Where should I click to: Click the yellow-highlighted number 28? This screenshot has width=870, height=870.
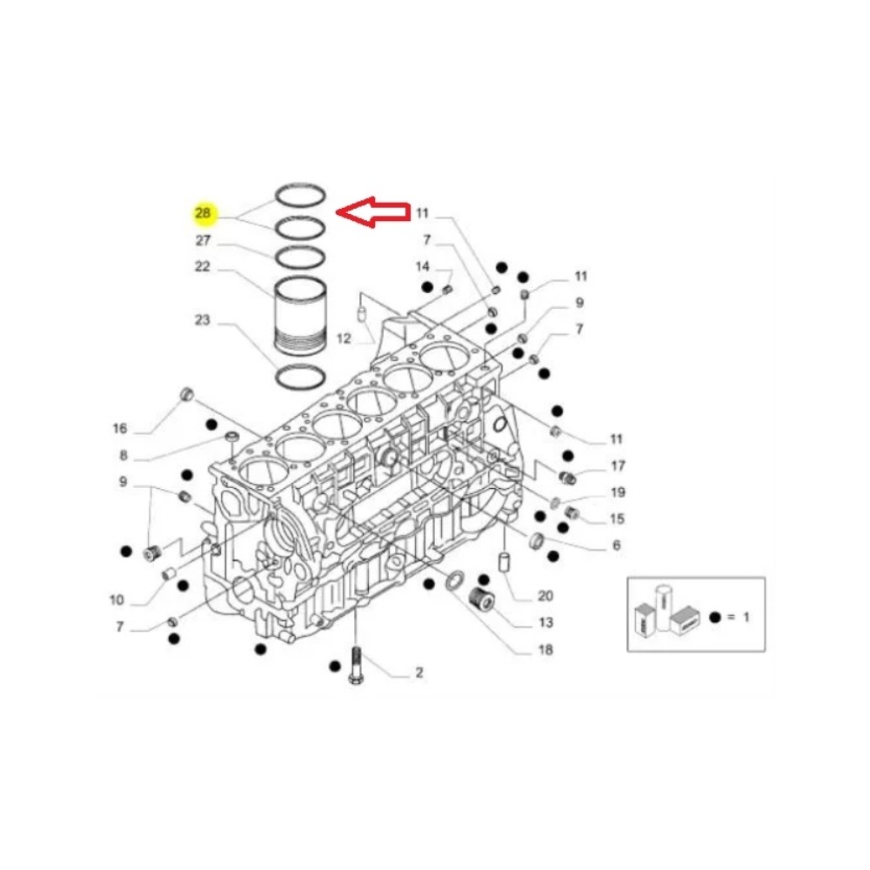click(x=203, y=213)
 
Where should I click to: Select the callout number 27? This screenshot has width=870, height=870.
click(x=203, y=240)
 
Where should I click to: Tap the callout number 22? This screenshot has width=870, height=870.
click(x=203, y=267)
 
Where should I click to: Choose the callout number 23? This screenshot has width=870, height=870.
click(x=203, y=320)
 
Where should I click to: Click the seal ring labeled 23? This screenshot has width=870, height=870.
click(x=300, y=378)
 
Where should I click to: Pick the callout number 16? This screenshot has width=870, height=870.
click(x=120, y=428)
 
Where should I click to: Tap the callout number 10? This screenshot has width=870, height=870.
click(x=117, y=600)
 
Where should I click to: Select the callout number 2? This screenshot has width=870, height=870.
click(x=418, y=673)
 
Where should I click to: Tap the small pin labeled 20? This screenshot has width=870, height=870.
click(x=503, y=562)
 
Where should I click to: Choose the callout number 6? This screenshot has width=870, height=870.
click(x=616, y=545)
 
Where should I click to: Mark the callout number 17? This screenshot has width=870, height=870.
click(x=619, y=465)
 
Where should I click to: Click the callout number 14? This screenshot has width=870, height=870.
click(x=423, y=266)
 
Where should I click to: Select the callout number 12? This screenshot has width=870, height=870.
click(x=343, y=338)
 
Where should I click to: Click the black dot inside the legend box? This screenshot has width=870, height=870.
click(x=714, y=617)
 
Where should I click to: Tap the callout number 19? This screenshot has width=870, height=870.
click(x=619, y=492)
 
